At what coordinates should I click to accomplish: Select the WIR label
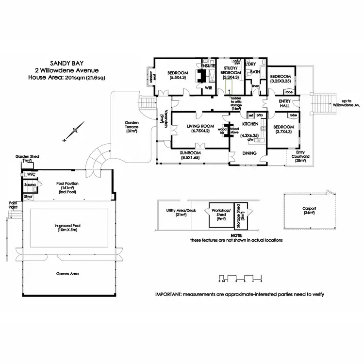pyautogui.click(x=209, y=88)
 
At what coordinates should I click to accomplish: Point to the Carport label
pyautogui.click(x=309, y=210)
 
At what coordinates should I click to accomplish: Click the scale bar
pyautogui.click(x=240, y=280)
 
